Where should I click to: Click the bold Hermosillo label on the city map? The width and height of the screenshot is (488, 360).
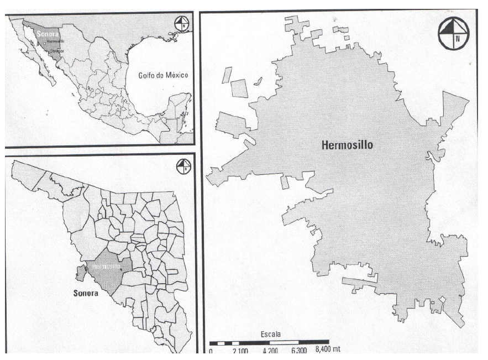click(347, 145)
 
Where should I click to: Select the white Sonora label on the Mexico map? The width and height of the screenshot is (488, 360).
click(44, 34)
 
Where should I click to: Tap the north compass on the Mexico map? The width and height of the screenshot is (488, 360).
click(182, 24)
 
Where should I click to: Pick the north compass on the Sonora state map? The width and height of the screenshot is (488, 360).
click(183, 165)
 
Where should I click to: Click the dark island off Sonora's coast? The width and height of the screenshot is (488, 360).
click(80, 272)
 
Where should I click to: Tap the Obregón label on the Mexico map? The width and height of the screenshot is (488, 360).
click(56, 50)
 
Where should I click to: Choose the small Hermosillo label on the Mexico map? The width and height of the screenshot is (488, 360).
click(55, 41)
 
